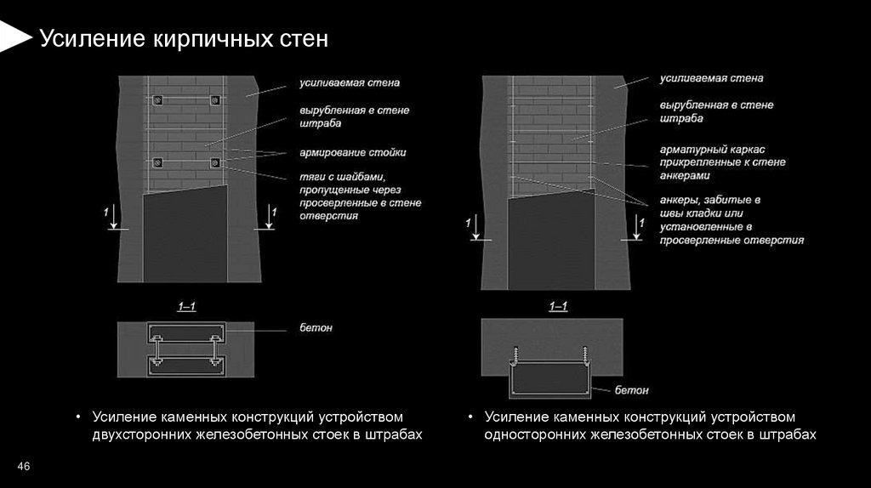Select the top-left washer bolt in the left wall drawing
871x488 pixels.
point(157,99)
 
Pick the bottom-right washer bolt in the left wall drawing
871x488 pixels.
point(214,162)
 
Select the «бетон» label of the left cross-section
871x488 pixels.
point(316,327)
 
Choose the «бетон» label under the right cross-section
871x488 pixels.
point(632,390)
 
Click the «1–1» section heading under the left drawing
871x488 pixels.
point(187,307)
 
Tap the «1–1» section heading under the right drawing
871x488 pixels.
point(558,307)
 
